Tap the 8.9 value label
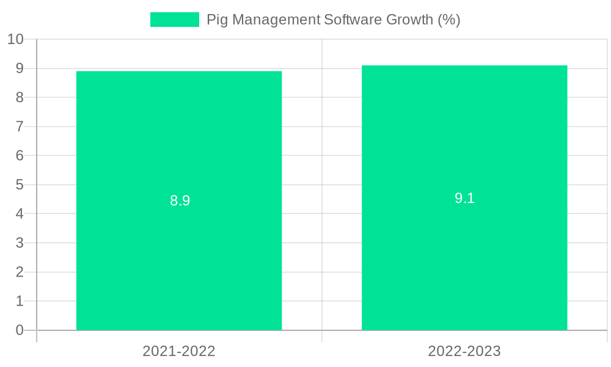coord(180,201)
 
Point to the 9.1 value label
coord(464,198)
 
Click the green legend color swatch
coord(175,20)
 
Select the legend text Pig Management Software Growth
coord(333,20)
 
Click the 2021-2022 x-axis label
coord(179,351)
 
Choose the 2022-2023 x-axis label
coord(464,351)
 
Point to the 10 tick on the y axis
coord(15,39)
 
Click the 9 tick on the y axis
coord(20,69)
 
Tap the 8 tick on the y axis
coord(20,97)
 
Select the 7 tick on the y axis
coord(20,127)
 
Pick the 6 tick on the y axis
coord(20,155)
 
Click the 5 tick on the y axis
coord(20,185)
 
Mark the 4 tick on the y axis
coord(20,213)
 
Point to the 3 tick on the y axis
coord(20,243)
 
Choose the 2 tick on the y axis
coord(20,272)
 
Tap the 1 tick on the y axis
coord(20,301)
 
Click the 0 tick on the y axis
coord(20,330)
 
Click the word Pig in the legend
coord(218,20)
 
